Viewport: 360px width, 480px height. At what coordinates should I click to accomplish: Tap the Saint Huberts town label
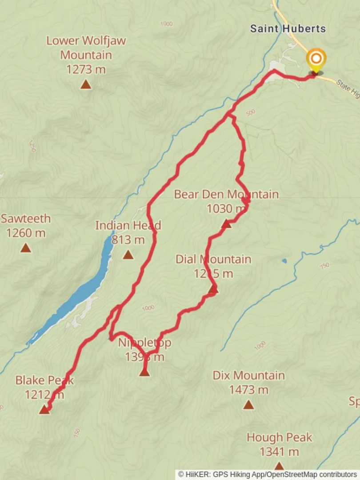pyautogui.click(x=288, y=29)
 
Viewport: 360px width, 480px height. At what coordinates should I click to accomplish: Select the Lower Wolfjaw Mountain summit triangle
pyautogui.click(x=86, y=84)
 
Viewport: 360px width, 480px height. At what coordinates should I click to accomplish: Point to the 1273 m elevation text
pyautogui.click(x=86, y=69)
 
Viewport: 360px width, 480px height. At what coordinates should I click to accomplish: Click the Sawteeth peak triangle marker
pyautogui.click(x=26, y=248)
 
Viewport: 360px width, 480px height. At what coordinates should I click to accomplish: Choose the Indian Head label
pyautogui.click(x=128, y=225)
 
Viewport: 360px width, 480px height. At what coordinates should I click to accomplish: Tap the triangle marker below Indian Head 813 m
pyautogui.click(x=128, y=255)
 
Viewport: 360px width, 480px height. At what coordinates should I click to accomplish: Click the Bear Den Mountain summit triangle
pyautogui.click(x=226, y=224)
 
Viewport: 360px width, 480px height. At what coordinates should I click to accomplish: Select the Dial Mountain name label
pyautogui.click(x=213, y=259)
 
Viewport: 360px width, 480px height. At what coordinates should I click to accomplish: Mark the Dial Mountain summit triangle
pyautogui.click(x=213, y=290)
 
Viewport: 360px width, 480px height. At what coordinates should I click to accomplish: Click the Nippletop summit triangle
pyautogui.click(x=144, y=372)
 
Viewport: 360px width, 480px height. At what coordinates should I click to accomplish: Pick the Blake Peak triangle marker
pyautogui.click(x=44, y=409)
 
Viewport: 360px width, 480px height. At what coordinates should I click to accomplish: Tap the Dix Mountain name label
pyautogui.click(x=248, y=376)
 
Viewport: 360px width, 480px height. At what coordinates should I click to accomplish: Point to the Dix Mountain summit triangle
pyautogui.click(x=248, y=404)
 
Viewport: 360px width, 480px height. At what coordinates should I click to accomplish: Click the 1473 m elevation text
pyautogui.click(x=248, y=390)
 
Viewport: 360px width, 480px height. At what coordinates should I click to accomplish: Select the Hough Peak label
pyautogui.click(x=280, y=437)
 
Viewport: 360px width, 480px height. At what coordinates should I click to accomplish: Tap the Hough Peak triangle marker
pyautogui.click(x=279, y=465)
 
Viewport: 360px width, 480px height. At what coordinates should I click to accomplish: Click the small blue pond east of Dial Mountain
pyautogui.click(x=284, y=261)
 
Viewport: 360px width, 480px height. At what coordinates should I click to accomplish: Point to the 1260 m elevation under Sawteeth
pyautogui.click(x=26, y=232)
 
